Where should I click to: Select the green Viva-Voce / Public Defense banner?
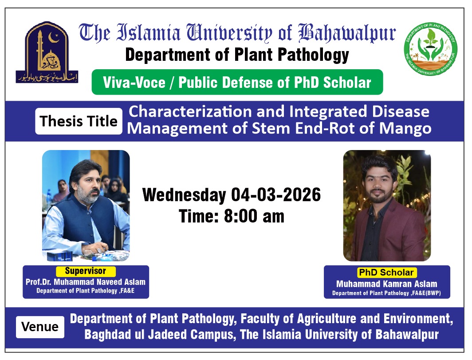tap(237, 82)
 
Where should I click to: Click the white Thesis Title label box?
tap(79, 121)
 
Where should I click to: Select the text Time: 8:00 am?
tap(231, 216)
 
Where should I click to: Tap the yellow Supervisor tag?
tap(86, 271)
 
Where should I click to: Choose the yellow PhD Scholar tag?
tap(386, 273)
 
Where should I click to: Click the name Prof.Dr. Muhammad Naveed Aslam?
tap(86, 282)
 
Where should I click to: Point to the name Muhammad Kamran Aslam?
tap(386, 284)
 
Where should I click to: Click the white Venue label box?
tap(40, 327)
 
